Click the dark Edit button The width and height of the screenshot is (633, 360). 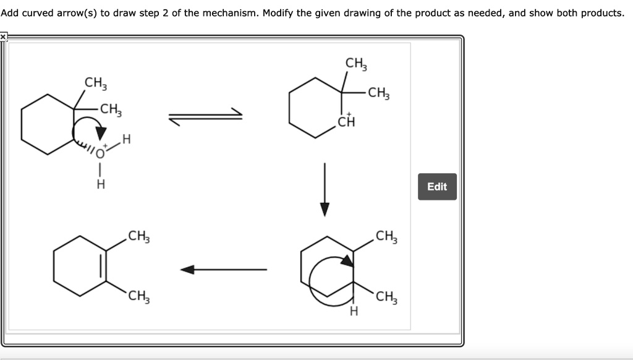click(x=437, y=187)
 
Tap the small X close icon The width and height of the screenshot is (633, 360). click(x=3, y=36)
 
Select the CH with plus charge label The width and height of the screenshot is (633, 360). click(x=346, y=121)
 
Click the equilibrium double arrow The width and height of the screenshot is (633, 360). click(x=205, y=116)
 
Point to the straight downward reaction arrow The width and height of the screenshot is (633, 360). click(x=325, y=189)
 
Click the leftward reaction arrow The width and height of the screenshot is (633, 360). click(x=223, y=270)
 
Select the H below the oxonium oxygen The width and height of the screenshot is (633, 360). click(x=101, y=184)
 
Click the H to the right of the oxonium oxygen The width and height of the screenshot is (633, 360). click(x=126, y=139)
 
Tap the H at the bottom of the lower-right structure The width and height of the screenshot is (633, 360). click(x=354, y=311)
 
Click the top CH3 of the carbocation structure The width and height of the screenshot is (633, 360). click(x=356, y=64)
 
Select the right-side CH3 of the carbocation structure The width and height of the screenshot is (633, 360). click(x=379, y=93)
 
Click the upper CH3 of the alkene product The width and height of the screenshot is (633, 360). click(x=139, y=236)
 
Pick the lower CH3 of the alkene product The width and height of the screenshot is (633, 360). click(x=139, y=296)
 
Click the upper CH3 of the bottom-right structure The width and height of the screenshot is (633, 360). click(x=386, y=236)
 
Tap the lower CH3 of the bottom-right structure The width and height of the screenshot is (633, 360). click(x=386, y=297)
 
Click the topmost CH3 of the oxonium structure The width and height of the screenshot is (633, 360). click(x=96, y=84)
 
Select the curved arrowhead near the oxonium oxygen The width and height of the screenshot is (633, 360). click(x=101, y=133)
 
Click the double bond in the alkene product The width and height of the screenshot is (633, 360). click(x=103, y=266)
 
